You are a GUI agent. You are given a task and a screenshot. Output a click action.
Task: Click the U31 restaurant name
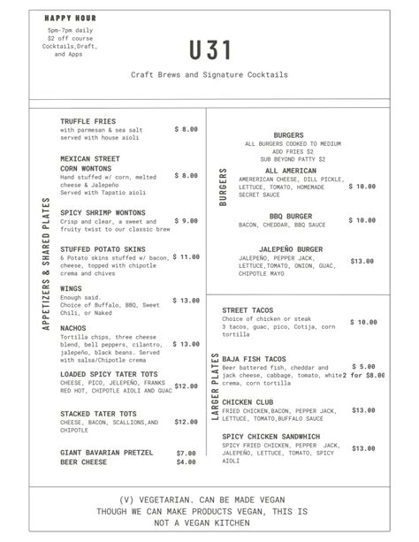pyautogui.click(x=209, y=50)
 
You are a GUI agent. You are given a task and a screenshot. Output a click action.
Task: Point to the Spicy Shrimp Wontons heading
pyautogui.click(x=103, y=213)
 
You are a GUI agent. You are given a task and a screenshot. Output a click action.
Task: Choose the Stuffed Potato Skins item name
pyautogui.click(x=103, y=249)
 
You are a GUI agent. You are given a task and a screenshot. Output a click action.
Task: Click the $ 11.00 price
pyautogui.click(x=185, y=257)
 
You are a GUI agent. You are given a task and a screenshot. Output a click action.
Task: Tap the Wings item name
pyautogui.click(x=71, y=288)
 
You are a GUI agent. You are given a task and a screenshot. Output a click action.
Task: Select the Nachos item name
pyautogui.click(x=73, y=327)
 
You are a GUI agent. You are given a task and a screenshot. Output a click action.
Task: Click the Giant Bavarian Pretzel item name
pyautogui.click(x=108, y=453)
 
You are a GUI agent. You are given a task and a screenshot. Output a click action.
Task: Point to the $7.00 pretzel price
pyautogui.click(x=186, y=453)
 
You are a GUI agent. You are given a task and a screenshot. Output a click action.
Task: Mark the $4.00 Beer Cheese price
pyautogui.click(x=186, y=462)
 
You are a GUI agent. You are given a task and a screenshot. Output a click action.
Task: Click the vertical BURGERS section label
pyautogui.click(x=223, y=187)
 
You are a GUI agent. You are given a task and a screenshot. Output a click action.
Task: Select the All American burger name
pyautogui.click(x=290, y=171)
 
